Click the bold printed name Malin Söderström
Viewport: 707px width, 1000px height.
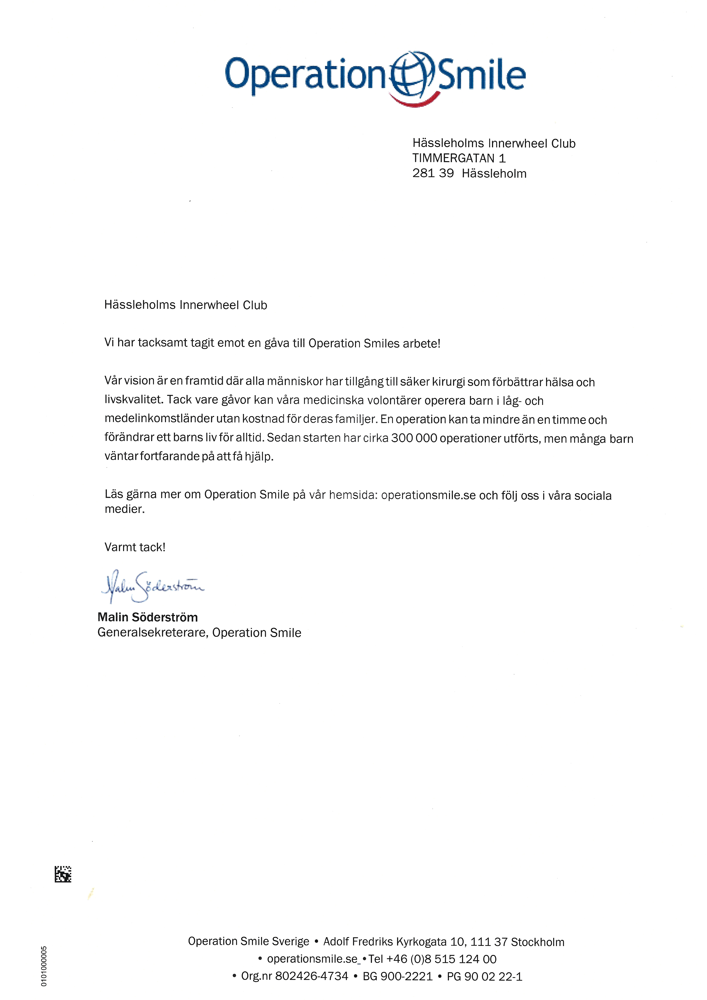click(148, 617)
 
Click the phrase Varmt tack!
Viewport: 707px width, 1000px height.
click(135, 547)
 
